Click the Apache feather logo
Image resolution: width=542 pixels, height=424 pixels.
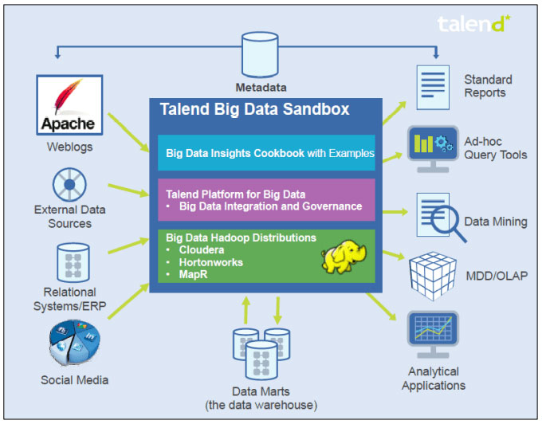click(x=70, y=103)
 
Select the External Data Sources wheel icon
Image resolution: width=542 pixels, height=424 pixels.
click(x=69, y=184)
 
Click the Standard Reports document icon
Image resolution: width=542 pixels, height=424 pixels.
click(x=431, y=88)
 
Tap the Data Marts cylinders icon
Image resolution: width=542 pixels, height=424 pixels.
click(x=259, y=351)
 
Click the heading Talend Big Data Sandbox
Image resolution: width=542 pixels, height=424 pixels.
click(x=254, y=109)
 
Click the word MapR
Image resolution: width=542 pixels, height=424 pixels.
click(x=194, y=275)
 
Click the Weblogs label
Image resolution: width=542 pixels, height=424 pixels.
click(x=69, y=147)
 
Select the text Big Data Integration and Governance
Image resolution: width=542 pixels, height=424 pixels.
click(x=270, y=206)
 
